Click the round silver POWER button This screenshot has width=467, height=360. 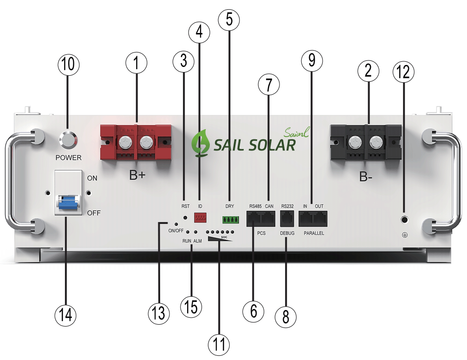coord(68,139)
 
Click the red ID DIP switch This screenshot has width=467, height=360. coord(200,217)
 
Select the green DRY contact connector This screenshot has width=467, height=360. coord(231,220)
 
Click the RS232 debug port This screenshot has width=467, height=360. coord(287,218)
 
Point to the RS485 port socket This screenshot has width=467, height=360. coord(253,218)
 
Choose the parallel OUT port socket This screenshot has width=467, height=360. coord(320,218)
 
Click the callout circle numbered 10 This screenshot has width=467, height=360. coord(69,64)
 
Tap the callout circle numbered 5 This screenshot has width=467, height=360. coord(229,20)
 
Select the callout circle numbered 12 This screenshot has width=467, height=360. coord(403,72)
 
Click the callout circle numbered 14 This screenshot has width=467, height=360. coord(65,315)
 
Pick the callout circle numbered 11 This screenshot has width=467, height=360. coord(219,345)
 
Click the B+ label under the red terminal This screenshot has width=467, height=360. coord(137,175)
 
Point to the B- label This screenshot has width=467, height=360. coord(366,177)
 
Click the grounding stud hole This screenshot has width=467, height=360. coord(404,220)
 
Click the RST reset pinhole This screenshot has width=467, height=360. coord(185,217)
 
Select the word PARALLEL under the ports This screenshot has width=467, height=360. coord(314,233)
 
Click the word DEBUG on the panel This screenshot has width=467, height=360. coord(287,233)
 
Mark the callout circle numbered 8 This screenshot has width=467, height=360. coord(285,317)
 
